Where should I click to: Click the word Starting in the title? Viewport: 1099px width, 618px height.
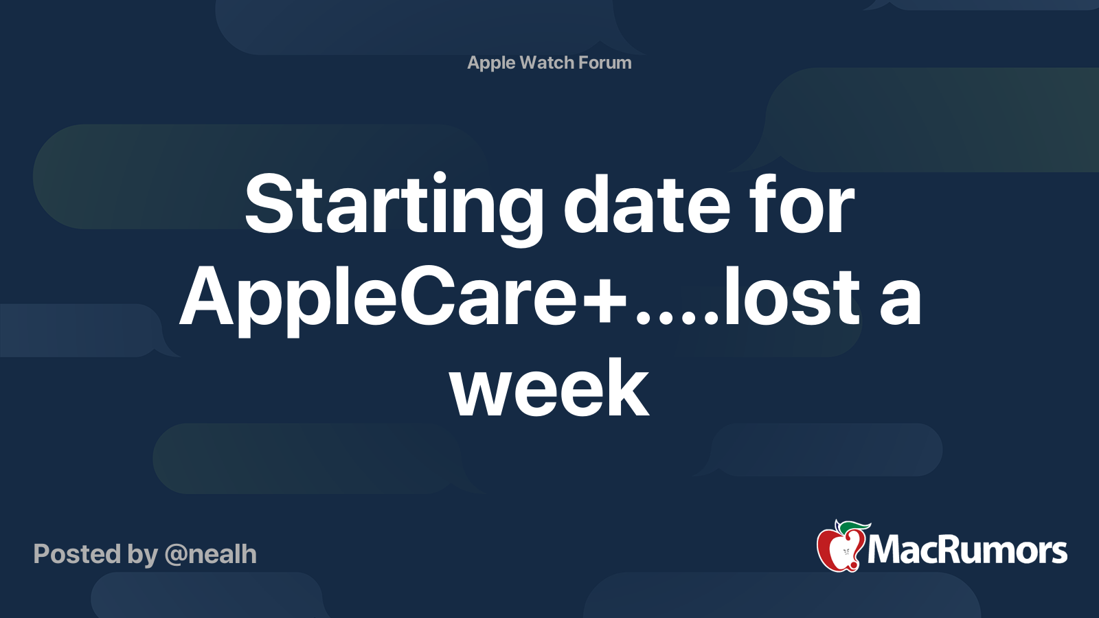pos(394,208)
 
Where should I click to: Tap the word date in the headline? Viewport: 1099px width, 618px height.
pos(646,203)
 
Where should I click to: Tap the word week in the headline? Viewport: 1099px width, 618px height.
pos(549,388)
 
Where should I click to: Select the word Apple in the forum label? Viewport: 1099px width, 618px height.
pos(491,63)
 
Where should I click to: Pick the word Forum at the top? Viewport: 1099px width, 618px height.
pos(605,62)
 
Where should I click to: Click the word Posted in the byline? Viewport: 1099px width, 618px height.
pos(78,554)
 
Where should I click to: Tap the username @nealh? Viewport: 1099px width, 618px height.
pos(210,555)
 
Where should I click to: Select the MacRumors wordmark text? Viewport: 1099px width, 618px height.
pos(967,550)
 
